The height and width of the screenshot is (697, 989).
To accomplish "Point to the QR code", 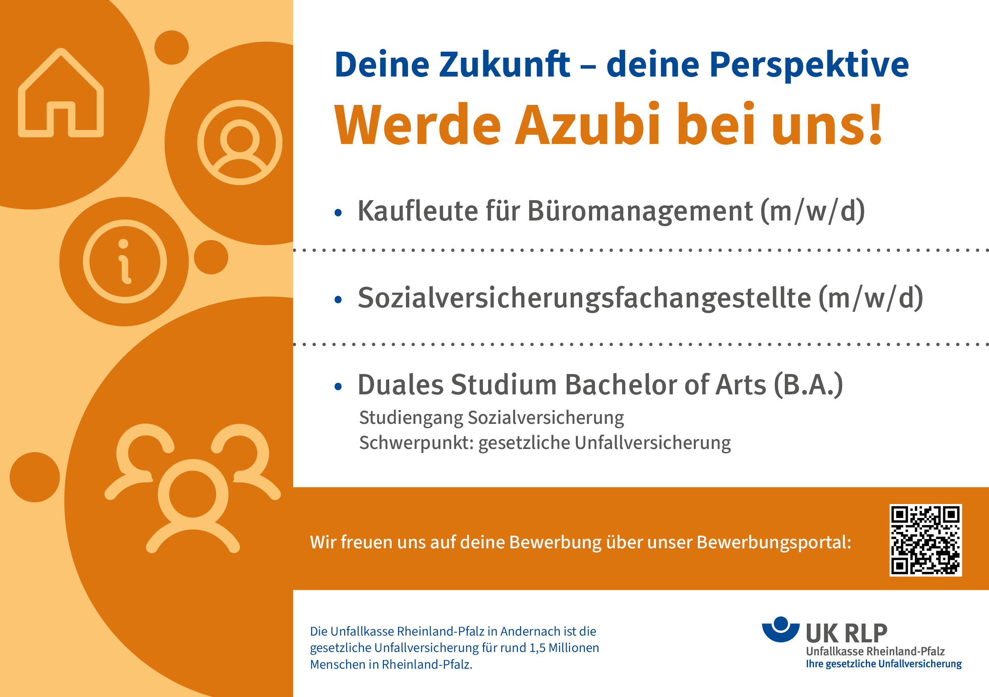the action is click(926, 540).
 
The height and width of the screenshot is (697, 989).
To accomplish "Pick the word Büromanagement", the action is click(640, 211).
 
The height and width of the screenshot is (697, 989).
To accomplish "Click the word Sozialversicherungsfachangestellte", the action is click(585, 298).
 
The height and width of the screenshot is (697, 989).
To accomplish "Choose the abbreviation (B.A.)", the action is click(808, 385).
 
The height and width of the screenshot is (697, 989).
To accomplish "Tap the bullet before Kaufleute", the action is click(338, 213).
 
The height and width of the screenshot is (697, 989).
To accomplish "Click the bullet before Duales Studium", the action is click(338, 386).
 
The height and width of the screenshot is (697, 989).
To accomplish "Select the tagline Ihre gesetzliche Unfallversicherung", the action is click(884, 664).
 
